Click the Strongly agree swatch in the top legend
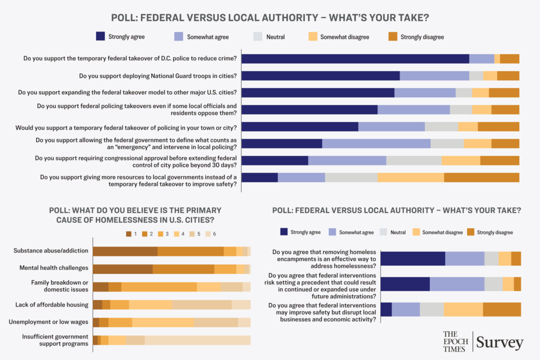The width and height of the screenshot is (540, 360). point(100,36)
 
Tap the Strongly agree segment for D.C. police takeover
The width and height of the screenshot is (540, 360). point(355,58)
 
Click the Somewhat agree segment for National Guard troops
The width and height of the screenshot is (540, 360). point(434,76)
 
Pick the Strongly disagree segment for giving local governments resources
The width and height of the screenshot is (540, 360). point(481,177)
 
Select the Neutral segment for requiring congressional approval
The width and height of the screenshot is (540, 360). point(413,160)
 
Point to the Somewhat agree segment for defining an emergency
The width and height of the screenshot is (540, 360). point(376,143)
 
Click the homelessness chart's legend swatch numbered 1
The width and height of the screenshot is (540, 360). point(129,233)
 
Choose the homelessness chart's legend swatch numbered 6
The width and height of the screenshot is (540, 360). point(208,233)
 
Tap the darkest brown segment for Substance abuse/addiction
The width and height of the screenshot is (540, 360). point(125,251)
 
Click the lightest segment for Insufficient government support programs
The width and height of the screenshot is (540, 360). point(197,340)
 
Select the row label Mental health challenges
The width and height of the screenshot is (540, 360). point(54,268)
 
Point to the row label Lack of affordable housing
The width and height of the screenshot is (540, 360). point(51,304)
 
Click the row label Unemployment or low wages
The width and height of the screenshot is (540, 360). point(48,322)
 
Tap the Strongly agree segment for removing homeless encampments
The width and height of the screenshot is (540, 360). point(412,258)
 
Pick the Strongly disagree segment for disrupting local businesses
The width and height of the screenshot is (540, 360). point(501,309)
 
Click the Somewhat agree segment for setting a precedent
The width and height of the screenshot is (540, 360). point(456,284)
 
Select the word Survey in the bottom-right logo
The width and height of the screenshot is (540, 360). point(499,343)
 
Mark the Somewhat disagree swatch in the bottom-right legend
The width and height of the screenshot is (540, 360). point(416,232)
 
